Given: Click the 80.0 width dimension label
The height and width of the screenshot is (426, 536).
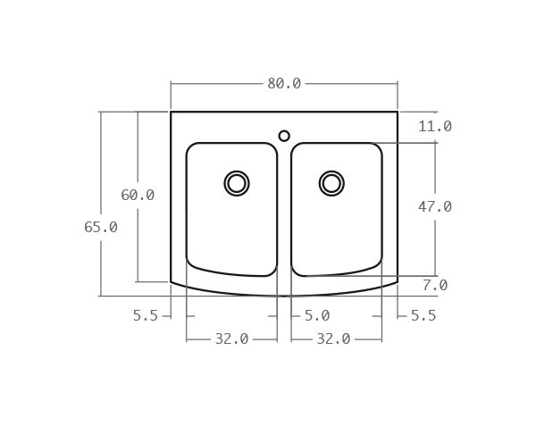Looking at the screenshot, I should (284, 83).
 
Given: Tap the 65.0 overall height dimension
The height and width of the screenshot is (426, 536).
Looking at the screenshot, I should (101, 227).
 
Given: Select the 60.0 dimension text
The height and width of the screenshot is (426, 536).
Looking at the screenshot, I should (138, 195).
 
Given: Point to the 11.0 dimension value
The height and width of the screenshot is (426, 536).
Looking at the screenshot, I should (435, 126).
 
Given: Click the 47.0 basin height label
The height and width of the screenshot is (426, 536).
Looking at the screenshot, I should (435, 206).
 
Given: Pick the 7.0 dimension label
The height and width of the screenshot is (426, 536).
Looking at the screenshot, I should (435, 286).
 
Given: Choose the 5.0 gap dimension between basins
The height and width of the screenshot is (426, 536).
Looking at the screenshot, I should (317, 315).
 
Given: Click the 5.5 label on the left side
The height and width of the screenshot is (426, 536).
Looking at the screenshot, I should (145, 315).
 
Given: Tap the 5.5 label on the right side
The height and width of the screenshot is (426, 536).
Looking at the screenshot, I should (423, 315).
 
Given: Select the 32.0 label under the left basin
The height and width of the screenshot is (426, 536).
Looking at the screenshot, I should (231, 339).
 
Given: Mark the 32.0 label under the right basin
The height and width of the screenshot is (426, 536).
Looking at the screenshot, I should (333, 339).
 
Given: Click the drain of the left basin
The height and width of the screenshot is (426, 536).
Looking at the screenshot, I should (237, 183).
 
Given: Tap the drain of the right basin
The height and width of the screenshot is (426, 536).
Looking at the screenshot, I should (331, 183).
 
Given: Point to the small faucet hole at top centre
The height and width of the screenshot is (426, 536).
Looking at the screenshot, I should (284, 136).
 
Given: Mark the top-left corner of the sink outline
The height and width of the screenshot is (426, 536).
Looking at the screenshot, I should (171, 112).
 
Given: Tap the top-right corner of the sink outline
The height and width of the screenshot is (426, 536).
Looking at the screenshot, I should (398, 112).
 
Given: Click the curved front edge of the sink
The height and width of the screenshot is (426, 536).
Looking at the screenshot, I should (284, 296).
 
